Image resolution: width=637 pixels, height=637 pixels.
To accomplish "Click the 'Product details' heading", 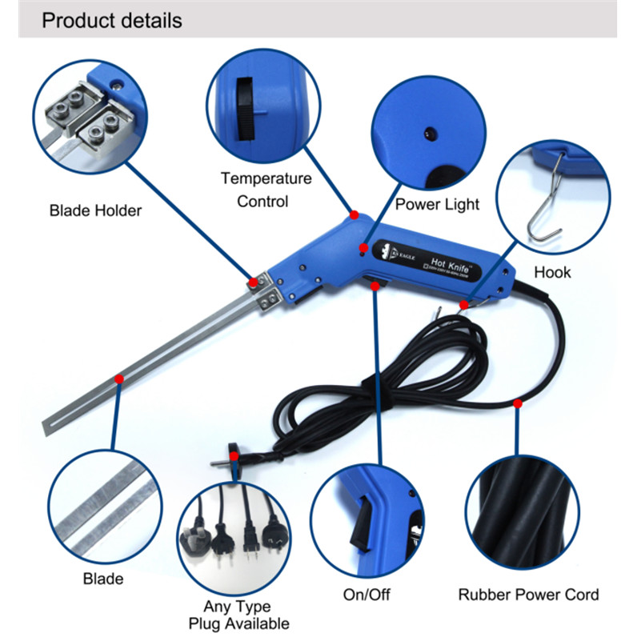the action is pos(111,19).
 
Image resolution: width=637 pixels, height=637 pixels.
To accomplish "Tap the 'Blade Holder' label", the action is pos(95,211).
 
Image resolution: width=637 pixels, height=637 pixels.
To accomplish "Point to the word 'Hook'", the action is pos(552,272).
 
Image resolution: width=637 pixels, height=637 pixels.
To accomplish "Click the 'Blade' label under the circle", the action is pos(103,579).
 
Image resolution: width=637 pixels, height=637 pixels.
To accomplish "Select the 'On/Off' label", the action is pos(370,595).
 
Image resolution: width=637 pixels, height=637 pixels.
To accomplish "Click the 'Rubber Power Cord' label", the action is pos(528,595).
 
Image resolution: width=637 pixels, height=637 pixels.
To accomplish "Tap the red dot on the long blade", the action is pos(119,378).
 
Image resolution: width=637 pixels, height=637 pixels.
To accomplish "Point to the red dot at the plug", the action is pos(234,456).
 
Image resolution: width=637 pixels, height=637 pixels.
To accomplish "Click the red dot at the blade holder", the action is pos(253,282).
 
